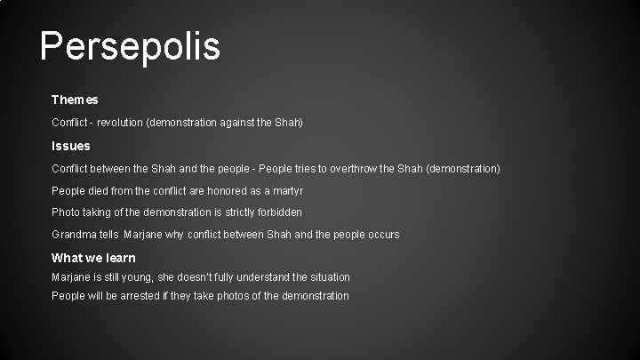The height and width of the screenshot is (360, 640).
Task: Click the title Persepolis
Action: coord(130,46)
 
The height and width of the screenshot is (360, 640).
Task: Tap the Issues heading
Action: coord(71,145)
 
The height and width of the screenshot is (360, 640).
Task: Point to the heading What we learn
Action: coord(93,258)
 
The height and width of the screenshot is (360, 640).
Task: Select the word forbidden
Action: coord(277,212)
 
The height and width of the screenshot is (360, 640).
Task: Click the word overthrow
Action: coord(376,167)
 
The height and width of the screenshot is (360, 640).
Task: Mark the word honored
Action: coord(220,190)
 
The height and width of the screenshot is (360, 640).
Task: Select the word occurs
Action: coord(381,235)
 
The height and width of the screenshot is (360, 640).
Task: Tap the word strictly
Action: coord(232,212)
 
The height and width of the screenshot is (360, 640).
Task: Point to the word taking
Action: coord(101,212)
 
